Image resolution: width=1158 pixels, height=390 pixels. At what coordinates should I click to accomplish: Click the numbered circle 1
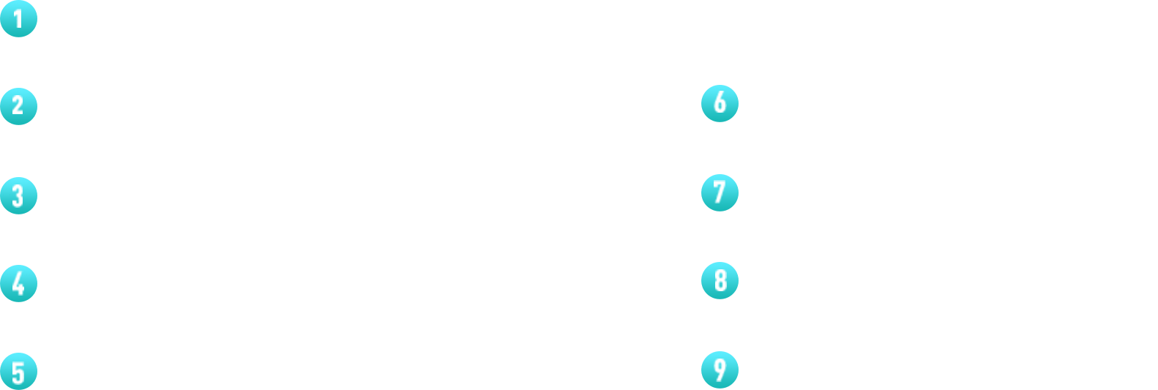[x=18, y=19]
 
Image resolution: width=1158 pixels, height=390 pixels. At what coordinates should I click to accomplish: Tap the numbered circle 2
[x=18, y=107]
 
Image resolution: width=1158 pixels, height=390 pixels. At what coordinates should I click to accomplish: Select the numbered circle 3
[x=18, y=195]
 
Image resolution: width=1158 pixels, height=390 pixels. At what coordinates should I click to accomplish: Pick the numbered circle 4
[x=18, y=283]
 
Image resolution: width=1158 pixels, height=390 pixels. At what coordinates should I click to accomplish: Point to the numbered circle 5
[x=18, y=371]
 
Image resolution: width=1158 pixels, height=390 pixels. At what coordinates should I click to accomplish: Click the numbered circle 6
[x=720, y=103]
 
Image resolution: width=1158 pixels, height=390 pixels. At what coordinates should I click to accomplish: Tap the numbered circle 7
[x=720, y=192]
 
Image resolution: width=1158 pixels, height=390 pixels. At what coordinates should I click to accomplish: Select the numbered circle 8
[x=720, y=280]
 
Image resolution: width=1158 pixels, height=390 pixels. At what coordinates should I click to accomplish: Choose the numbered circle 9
[x=720, y=369]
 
